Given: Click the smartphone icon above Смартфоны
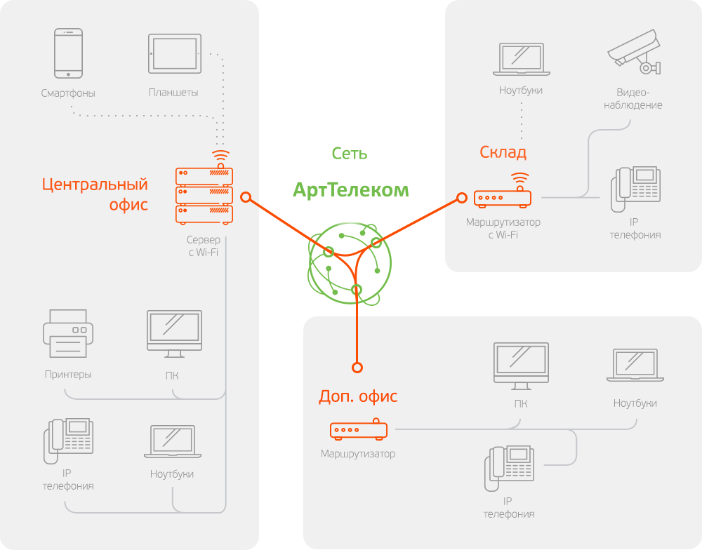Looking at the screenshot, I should [x=69, y=53].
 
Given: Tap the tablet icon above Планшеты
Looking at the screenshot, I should [x=174, y=53].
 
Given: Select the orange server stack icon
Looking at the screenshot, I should [x=204, y=194].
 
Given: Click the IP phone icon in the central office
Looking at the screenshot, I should [x=69, y=441].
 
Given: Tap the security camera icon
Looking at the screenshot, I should [x=635, y=51].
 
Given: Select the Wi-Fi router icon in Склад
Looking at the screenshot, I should [x=503, y=196].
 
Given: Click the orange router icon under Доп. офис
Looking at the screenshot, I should [x=358, y=429].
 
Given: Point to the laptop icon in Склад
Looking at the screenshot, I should [x=521, y=59].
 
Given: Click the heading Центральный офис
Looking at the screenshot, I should [x=95, y=194].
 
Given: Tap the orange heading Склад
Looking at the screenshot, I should [x=503, y=152].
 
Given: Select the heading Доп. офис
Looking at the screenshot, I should [x=358, y=396].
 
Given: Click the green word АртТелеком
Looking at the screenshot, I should [x=350, y=189].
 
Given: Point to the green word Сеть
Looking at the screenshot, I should [x=350, y=154].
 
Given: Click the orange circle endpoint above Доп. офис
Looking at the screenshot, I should [x=357, y=367].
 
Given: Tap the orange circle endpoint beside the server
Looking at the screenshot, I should [x=246, y=197].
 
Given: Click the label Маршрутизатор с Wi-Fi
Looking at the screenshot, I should [x=503, y=228].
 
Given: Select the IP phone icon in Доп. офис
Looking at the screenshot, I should [x=510, y=468].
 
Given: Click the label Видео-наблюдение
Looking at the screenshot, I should [x=639, y=99].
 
